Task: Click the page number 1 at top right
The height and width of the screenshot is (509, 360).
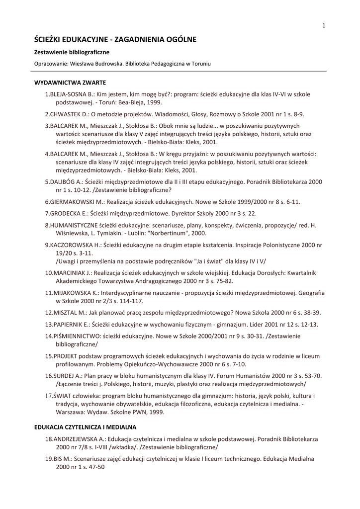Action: tap(323, 26)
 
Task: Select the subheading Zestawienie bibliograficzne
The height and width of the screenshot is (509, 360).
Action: tap(72, 52)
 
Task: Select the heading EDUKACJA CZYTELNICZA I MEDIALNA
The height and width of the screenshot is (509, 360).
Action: tap(85, 427)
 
